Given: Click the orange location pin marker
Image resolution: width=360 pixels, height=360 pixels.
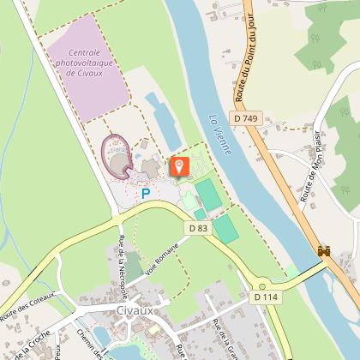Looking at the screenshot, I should (x=180, y=166).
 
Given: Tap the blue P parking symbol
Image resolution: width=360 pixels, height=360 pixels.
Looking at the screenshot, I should (x=146, y=194).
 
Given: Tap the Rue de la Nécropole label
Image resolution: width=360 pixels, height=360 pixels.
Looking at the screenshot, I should (x=123, y=257).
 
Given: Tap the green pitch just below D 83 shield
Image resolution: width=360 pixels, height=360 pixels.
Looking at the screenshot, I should (x=225, y=229).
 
